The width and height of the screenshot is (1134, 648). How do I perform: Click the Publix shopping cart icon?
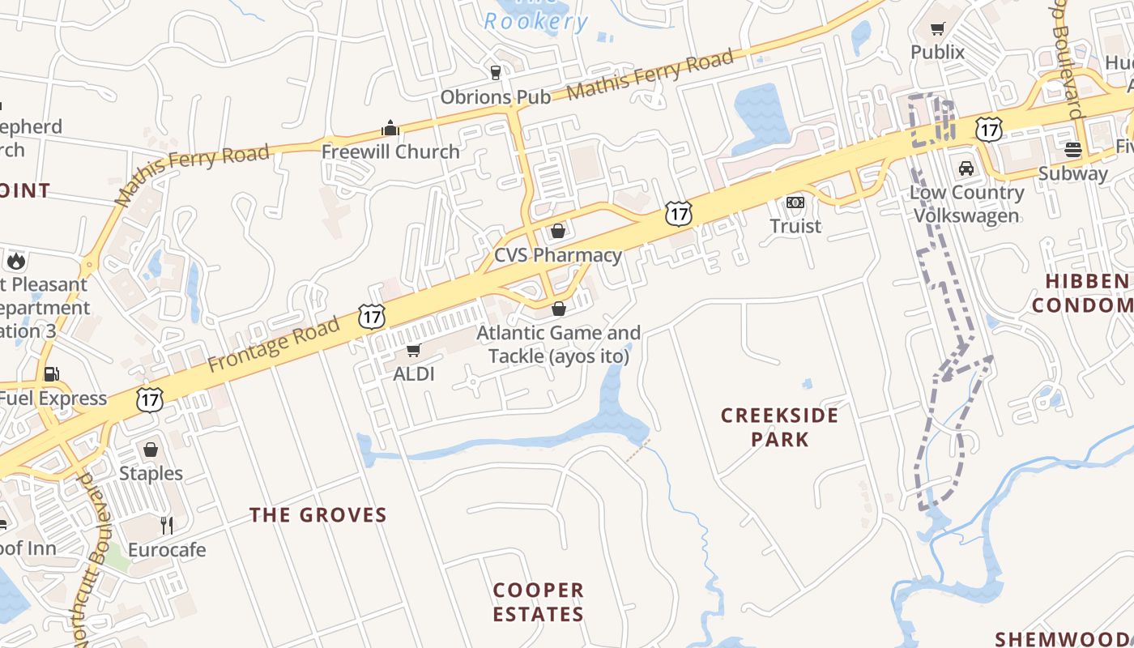(937, 29)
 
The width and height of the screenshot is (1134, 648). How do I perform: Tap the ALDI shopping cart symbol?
(413, 351)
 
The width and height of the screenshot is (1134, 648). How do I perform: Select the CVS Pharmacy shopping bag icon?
(557, 232)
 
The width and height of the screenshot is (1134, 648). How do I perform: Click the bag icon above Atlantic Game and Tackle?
(558, 309)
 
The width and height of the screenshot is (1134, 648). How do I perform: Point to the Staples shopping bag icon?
(151, 450)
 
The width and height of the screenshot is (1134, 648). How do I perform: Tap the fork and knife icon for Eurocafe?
(167, 526)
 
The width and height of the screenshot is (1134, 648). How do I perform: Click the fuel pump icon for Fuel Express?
(52, 374)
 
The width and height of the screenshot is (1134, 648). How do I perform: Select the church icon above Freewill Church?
(390, 128)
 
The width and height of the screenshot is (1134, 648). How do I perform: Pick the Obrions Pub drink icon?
(496, 73)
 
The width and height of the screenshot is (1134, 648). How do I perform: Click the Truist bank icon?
(795, 202)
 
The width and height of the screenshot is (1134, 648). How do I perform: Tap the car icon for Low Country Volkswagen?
(966, 168)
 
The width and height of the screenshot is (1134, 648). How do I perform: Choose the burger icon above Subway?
(1073, 149)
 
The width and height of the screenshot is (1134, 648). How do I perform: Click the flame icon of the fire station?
(15, 261)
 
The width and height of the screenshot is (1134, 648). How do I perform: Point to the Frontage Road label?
(274, 345)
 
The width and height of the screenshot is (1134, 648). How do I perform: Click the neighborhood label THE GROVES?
(318, 515)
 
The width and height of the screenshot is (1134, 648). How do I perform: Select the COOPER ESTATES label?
(538, 602)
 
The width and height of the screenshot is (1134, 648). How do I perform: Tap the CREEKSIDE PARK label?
(779, 427)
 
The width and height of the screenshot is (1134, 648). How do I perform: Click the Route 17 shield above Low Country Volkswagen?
(988, 129)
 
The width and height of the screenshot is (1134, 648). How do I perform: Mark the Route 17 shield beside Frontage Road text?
(372, 316)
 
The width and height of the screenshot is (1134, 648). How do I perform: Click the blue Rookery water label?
(535, 22)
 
